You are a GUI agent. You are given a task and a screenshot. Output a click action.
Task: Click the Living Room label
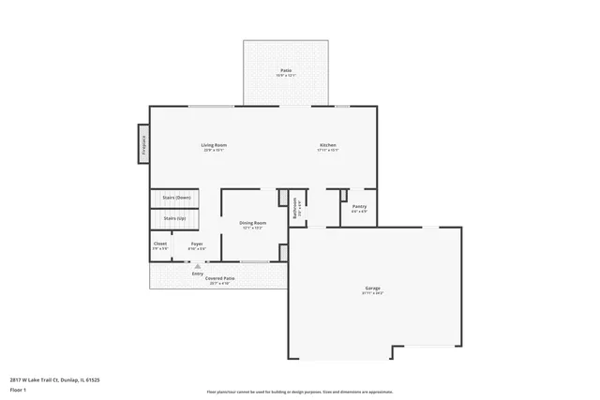pyautogui.click(x=214, y=144)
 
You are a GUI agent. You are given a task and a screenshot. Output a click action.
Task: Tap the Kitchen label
pyautogui.click(x=328, y=144)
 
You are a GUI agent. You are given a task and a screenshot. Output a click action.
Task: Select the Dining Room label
pyautogui.click(x=253, y=222)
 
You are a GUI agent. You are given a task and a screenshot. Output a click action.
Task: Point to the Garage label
pyautogui.click(x=373, y=288)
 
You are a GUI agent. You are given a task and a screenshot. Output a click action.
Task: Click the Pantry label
pyautogui.click(x=359, y=206)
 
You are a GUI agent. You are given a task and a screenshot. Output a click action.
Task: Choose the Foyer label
pyautogui.click(x=197, y=244)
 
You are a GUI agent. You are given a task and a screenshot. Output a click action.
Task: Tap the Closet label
pyautogui.click(x=160, y=244)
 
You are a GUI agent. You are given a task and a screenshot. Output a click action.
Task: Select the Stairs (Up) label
pyautogui.click(x=174, y=218)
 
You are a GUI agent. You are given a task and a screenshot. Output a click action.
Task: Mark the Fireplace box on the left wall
pyautogui.click(x=144, y=143)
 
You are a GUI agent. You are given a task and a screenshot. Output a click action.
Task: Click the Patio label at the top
pyautogui.click(x=285, y=70)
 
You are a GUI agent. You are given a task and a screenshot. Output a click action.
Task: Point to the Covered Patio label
pyautogui.click(x=220, y=278)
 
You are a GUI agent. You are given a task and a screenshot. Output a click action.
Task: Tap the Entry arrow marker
pyautogui.click(x=197, y=266)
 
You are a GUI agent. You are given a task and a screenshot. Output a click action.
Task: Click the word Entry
pyautogui.click(x=198, y=273)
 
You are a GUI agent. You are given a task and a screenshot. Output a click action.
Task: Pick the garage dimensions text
pyautogui.click(x=373, y=293)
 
